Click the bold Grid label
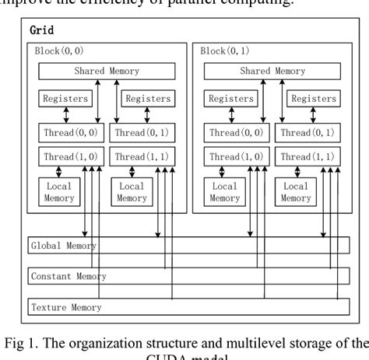(40, 30)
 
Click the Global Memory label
(63, 246)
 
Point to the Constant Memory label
(69, 276)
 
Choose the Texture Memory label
(66, 307)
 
